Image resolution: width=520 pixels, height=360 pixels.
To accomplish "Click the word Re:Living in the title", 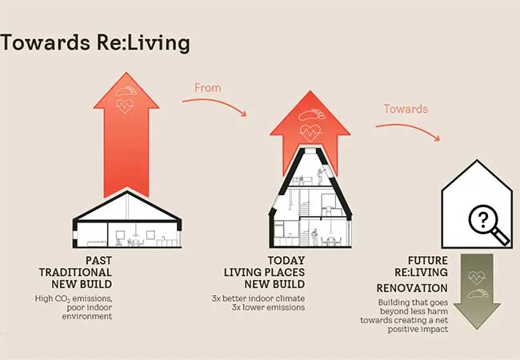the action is (x=143, y=44).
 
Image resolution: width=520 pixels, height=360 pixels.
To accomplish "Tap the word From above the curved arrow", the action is (x=208, y=88).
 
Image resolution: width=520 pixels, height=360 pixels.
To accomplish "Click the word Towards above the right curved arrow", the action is (x=406, y=109).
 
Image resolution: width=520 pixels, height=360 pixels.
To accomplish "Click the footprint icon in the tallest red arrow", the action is (x=126, y=91).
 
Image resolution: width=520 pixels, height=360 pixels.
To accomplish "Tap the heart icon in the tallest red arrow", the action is (x=125, y=106).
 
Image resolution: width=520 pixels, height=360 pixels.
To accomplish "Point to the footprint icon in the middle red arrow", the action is (x=312, y=114).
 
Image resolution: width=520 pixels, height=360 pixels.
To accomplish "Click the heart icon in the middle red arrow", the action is (x=310, y=133).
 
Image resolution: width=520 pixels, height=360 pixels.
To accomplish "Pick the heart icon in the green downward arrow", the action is (x=477, y=278).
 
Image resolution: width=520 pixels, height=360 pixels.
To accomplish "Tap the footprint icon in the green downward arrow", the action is (x=478, y=294).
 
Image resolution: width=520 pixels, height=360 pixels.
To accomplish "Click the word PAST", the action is (x=99, y=261).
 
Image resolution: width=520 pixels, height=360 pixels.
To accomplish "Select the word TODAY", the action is (x=286, y=261).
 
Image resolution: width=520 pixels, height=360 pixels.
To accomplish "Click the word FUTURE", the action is (x=428, y=261).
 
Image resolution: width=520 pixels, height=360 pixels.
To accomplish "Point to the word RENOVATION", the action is (x=412, y=288).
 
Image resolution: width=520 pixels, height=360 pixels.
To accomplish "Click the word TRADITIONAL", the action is (x=75, y=273).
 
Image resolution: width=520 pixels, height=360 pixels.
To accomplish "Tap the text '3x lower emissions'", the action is (x=268, y=307).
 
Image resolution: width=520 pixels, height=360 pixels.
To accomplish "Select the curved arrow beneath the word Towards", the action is (x=410, y=127).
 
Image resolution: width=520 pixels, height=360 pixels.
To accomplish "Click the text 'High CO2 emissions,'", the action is (x=74, y=298).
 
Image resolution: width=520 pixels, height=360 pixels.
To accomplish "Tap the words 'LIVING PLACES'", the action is (x=264, y=273).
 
